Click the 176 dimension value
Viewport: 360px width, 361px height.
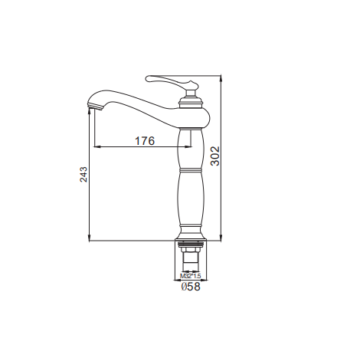[x=145, y=141]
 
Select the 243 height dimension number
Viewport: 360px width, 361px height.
[x=83, y=174]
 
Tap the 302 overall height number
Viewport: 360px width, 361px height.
[x=215, y=156]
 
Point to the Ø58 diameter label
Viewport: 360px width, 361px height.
[x=191, y=287]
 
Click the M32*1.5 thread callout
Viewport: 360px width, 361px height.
[x=191, y=276]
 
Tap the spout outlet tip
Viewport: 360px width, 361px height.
[x=95, y=107]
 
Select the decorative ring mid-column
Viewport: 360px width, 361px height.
[x=191, y=170]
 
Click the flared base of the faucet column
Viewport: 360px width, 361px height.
[x=191, y=232]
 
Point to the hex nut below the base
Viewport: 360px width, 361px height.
[x=191, y=248]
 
